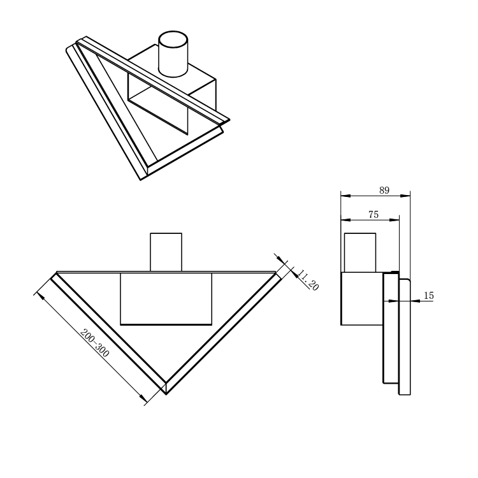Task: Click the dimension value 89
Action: [384, 190]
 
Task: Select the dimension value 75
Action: [373, 215]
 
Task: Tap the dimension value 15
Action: [429, 295]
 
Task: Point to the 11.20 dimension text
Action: [308, 280]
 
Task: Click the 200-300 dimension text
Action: [94, 343]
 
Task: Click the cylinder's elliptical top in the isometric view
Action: [173, 40]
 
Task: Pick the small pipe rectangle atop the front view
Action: [166, 252]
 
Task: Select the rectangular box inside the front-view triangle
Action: [166, 299]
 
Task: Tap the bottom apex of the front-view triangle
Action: [166, 395]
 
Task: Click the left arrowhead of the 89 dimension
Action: [345, 196]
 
